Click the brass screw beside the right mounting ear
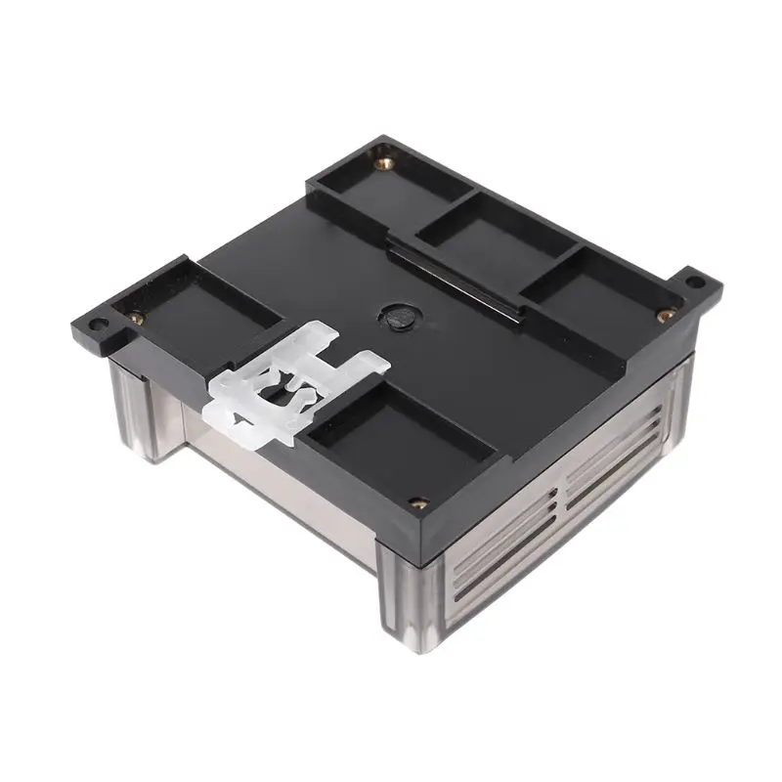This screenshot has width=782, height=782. tap(665, 315)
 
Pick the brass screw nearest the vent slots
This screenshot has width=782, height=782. tap(418, 503)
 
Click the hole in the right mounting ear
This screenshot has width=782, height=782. tap(694, 282)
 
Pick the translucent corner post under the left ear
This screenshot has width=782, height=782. tap(137, 411)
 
